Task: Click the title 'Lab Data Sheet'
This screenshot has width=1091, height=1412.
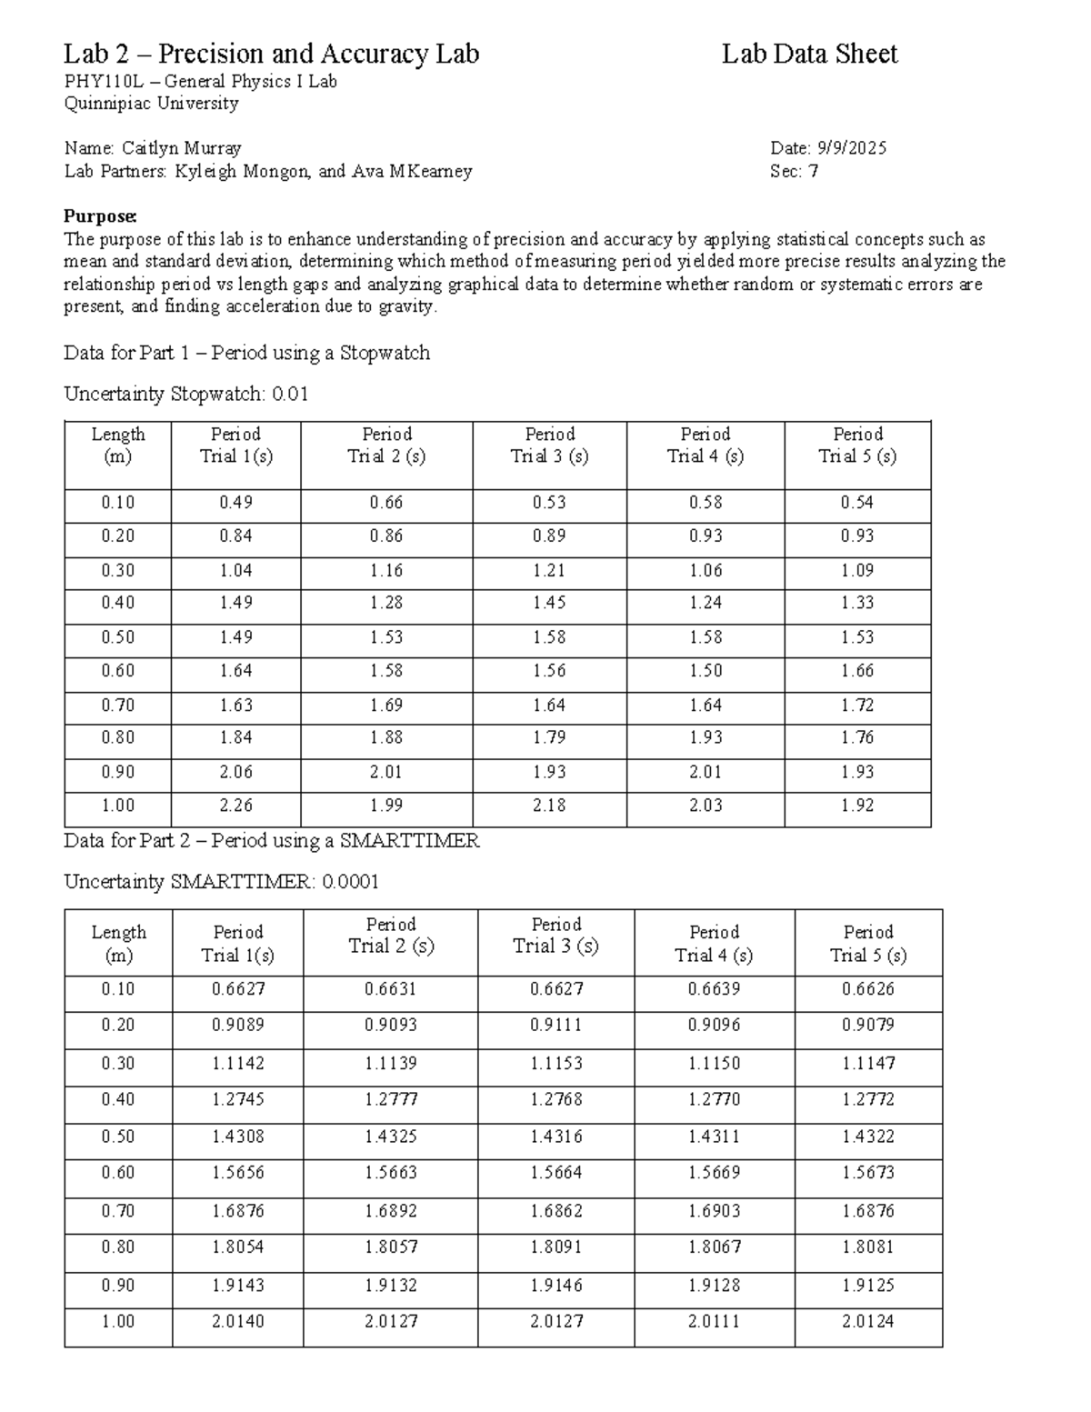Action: coord(809,55)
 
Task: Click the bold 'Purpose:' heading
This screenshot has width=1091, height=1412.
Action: coord(100,216)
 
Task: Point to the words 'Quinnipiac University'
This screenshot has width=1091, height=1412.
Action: coord(151,104)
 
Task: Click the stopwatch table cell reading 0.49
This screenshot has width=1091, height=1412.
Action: coord(235,503)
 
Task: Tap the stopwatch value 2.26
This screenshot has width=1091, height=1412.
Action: coord(235,806)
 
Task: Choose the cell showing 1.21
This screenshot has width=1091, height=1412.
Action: coord(549,571)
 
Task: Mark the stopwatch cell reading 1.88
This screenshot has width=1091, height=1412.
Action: coord(386,737)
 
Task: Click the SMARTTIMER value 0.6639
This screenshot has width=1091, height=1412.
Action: coord(714,989)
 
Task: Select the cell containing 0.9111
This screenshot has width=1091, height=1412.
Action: coord(556,1026)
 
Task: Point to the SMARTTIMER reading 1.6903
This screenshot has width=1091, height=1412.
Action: coord(714,1211)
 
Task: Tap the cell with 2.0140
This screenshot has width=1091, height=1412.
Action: coord(237,1321)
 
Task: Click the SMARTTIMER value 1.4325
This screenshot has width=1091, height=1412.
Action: coord(390,1137)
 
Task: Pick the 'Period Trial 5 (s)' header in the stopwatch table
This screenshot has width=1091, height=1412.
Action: coord(857,446)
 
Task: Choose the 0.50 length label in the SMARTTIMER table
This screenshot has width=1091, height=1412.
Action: coord(118,1137)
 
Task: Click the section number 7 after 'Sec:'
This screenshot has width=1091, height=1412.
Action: coord(813,171)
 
